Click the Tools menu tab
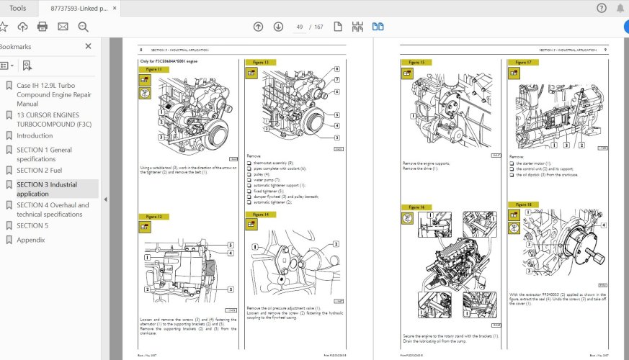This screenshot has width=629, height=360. pyautogui.click(x=18, y=8)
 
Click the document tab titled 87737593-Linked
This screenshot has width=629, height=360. pyautogui.click(x=79, y=8)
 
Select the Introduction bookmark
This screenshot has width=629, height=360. pyautogui.click(x=34, y=135)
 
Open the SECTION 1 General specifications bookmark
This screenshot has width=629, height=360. pyautogui.click(x=44, y=154)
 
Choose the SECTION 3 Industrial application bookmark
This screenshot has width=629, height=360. pyautogui.click(x=46, y=189)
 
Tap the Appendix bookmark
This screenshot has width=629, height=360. pyautogui.click(x=31, y=240)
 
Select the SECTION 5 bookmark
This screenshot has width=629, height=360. pyautogui.click(x=32, y=225)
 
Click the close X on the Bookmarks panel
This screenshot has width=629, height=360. pyautogui.click(x=89, y=46)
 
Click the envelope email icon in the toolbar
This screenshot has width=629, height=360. pyautogui.click(x=63, y=27)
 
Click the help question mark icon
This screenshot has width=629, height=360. pyautogui.click(x=602, y=8)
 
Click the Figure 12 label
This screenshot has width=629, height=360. pyautogui.click(x=153, y=217)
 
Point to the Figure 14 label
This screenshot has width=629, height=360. pyautogui.click(x=260, y=215)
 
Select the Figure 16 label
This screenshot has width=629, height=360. pyautogui.click(x=416, y=207)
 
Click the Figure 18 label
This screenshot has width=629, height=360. pyautogui.click(x=524, y=205)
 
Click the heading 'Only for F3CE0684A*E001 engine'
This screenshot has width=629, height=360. pyautogui.click(x=168, y=62)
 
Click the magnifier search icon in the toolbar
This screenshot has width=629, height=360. pyautogui.click(x=83, y=27)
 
